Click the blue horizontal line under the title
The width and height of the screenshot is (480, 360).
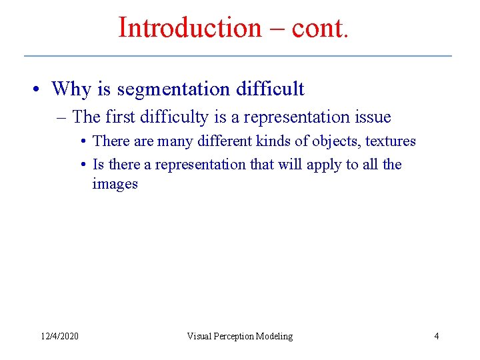pyautogui.click(x=238, y=55)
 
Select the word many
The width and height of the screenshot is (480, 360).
pyautogui.click(x=174, y=141)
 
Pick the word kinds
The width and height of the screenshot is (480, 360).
pyautogui.click(x=274, y=141)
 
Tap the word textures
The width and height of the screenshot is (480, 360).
pyautogui.click(x=391, y=141)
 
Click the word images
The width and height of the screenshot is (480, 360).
pyautogui.click(x=115, y=184)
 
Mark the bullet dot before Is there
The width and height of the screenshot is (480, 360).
pyautogui.click(x=85, y=165)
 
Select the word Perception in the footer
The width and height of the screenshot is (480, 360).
pyautogui.click(x=238, y=336)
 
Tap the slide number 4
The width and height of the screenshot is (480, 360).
pyautogui.click(x=436, y=336)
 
